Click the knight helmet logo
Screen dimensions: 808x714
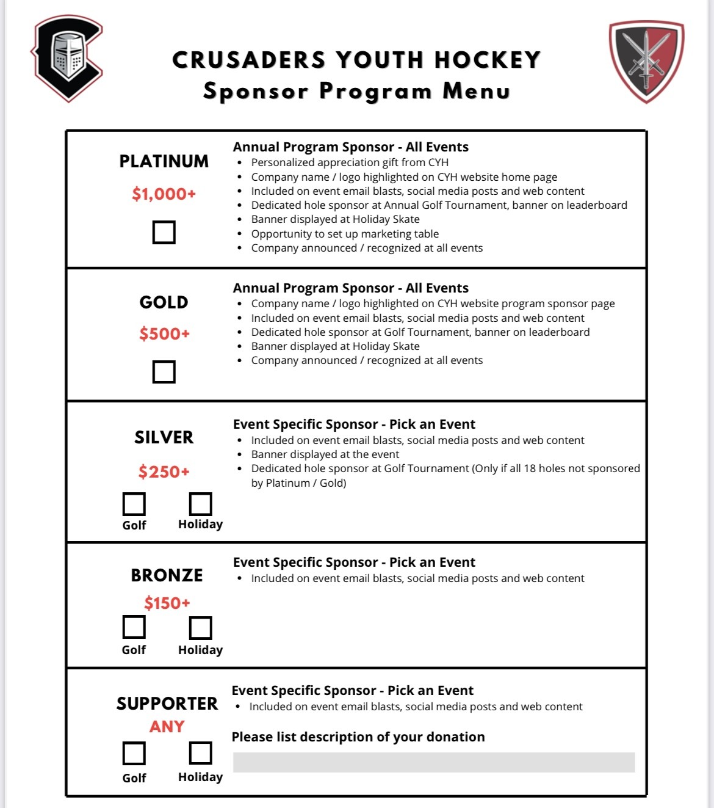[67, 58]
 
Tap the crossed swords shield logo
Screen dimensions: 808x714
[646, 61]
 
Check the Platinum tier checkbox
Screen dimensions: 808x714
[164, 232]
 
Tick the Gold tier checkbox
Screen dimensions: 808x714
[164, 371]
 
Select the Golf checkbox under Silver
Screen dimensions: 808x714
[134, 504]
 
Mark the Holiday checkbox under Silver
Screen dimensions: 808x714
[200, 504]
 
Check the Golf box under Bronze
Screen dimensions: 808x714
[134, 627]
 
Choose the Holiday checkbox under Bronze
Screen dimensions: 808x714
[200, 628]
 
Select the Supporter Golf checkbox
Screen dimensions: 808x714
[134, 754]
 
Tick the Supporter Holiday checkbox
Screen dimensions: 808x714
[200, 753]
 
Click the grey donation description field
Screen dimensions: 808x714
[434, 762]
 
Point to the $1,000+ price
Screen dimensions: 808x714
[164, 194]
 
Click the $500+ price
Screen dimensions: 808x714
[164, 334]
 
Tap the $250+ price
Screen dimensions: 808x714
[164, 471]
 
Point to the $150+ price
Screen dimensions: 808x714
[167, 603]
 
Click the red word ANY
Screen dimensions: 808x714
[167, 727]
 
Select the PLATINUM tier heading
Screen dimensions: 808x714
[164, 161]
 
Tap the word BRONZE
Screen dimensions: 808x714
[167, 575]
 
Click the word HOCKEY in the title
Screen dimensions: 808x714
[487, 60]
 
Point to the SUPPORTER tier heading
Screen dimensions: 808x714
[167, 704]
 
